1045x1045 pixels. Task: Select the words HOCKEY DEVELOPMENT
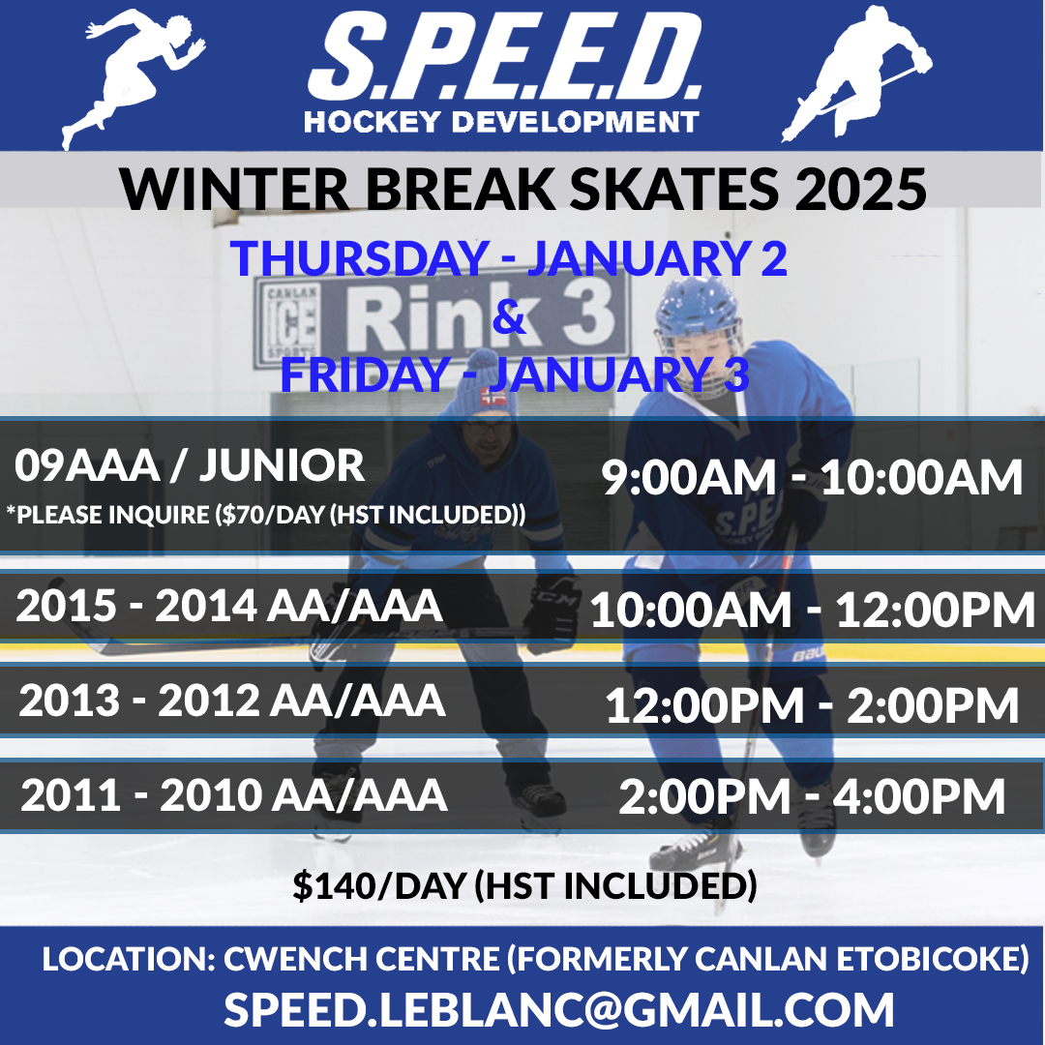501,122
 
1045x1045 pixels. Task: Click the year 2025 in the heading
860,190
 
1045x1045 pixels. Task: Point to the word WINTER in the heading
234,190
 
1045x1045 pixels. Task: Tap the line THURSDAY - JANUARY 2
509,257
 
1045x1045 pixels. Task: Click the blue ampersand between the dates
509,316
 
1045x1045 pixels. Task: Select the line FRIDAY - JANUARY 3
515,373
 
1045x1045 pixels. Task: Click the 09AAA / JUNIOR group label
190,464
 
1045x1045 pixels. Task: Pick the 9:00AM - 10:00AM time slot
812,477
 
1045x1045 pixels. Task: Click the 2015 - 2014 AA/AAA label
229,606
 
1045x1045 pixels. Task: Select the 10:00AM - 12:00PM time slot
813,610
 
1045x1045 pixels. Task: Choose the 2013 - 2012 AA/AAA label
232,701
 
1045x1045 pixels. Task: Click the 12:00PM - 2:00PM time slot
813,705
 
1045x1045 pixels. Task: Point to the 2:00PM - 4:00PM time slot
812,795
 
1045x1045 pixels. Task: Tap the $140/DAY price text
525,885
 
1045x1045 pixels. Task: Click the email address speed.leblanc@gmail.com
558,1009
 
